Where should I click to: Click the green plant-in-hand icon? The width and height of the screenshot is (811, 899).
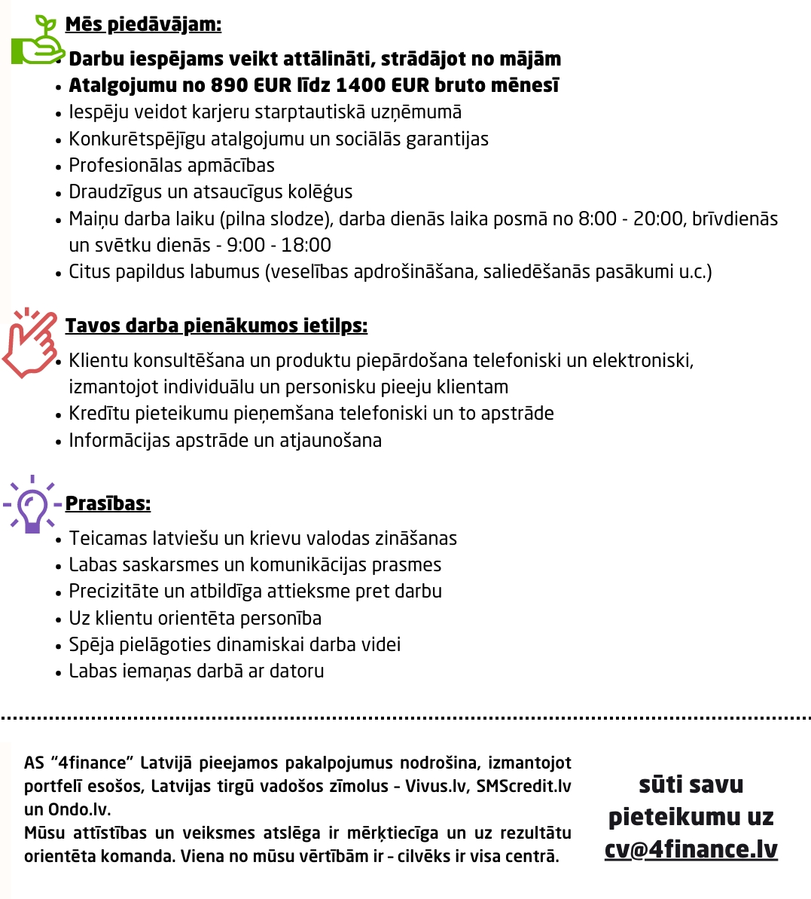coord(38,41)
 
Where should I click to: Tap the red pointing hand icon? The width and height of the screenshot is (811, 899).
coord(30,343)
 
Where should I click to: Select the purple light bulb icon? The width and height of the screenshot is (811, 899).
coord(32,504)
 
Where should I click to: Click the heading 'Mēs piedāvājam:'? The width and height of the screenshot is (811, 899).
coord(143,24)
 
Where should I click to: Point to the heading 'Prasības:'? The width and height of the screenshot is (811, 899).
coord(108,503)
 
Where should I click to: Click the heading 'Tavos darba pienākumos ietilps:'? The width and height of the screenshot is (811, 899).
coord(216,326)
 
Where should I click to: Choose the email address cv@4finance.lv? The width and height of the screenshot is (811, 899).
coord(691,849)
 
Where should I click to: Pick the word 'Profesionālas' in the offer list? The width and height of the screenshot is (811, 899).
coord(120,165)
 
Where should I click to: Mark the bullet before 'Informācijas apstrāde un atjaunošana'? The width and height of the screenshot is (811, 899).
coord(59,442)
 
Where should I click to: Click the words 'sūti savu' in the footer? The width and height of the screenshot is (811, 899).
coord(691,784)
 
